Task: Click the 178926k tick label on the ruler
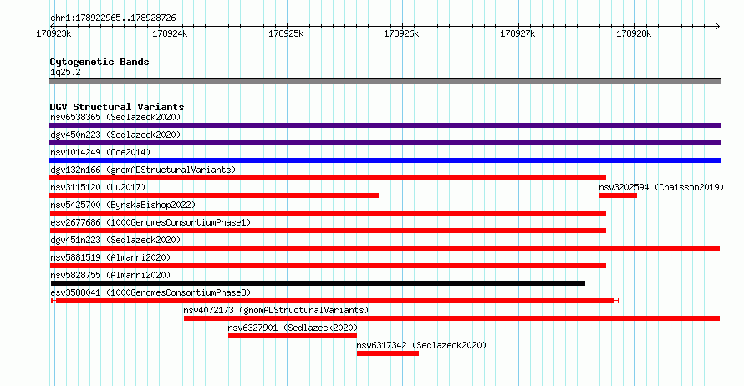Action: coord(401,33)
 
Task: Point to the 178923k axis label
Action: coord(54,33)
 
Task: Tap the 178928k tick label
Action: coord(634,33)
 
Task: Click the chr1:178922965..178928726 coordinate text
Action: coord(113,18)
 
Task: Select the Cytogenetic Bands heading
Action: coord(99,62)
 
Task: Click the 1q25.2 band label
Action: coord(65,72)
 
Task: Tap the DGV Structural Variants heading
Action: coord(117,107)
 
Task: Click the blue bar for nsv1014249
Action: coord(385,160)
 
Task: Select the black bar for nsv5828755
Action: coord(318,283)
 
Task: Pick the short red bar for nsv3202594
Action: coord(618,196)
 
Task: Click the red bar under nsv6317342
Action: coord(388,353)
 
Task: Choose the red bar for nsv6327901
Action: coord(293,336)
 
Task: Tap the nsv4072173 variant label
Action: coord(208,310)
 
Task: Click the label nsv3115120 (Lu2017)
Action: coord(98,187)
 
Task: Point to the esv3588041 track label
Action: coord(75,292)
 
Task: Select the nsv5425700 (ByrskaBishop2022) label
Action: coord(123,205)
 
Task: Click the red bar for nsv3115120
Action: coord(214,196)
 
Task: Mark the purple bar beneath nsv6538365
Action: coord(385,125)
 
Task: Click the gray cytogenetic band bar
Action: coord(385,81)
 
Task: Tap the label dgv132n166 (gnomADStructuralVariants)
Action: coord(143,170)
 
